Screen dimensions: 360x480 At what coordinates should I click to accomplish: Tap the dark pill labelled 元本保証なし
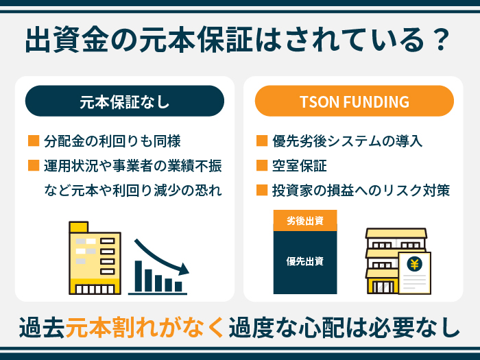[x=125, y=101]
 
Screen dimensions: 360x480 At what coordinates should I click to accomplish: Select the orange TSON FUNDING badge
[x=355, y=101]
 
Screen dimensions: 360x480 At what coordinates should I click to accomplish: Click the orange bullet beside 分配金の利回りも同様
[x=34, y=142]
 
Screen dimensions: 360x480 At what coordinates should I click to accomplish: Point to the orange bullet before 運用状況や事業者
[x=34, y=166]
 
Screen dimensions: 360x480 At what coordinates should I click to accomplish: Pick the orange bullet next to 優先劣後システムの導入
[x=262, y=142]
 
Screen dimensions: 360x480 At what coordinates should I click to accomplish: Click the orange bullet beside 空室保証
[x=262, y=166]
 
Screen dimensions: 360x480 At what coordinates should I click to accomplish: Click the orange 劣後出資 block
[x=305, y=220]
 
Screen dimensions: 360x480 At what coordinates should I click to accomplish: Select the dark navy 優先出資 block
[x=305, y=261]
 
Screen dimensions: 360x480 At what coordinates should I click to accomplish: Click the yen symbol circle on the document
[x=414, y=264]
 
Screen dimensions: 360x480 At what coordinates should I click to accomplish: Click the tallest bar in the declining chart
[x=139, y=276]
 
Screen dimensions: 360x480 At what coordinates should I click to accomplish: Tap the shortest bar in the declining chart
[x=179, y=287]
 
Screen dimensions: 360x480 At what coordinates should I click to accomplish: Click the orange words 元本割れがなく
[x=145, y=327]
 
